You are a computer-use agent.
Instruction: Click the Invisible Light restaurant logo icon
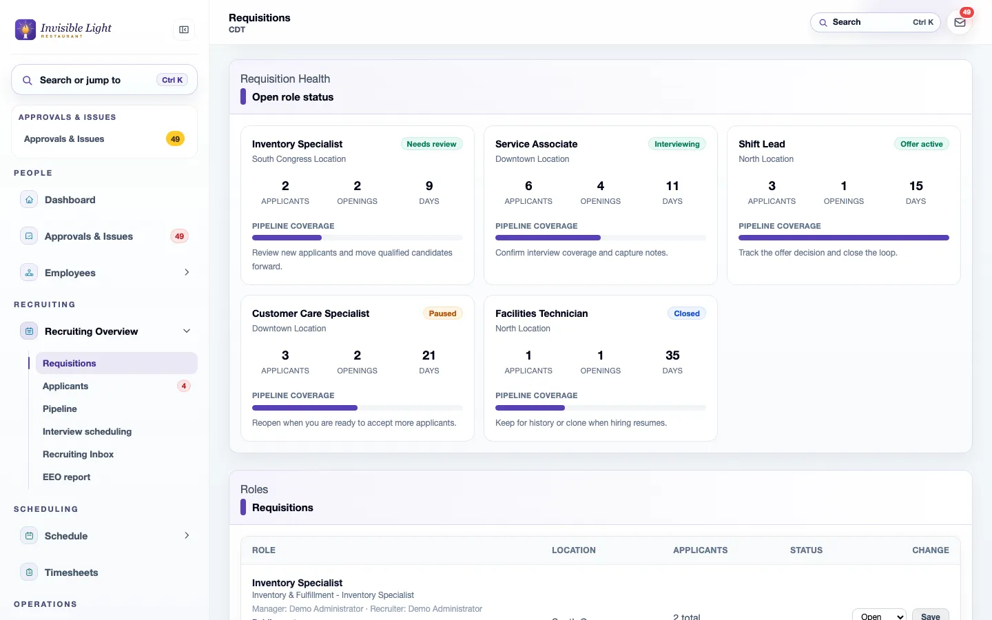point(25,30)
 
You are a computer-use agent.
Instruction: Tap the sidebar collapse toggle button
point(184,30)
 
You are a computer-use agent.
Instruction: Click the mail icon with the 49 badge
point(960,23)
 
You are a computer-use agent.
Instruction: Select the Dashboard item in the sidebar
point(70,200)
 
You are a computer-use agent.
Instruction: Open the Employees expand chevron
point(187,272)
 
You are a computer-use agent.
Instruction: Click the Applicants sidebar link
point(65,386)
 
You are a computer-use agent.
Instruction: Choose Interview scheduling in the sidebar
point(87,431)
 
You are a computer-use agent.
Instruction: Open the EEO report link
point(66,477)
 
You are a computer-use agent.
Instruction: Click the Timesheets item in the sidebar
point(71,572)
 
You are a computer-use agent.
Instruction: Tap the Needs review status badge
point(431,144)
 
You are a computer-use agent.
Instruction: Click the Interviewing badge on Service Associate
point(676,144)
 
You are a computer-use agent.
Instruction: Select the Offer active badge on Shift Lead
point(921,144)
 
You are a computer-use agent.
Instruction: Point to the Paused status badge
point(442,313)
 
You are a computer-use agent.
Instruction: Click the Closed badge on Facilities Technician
point(686,313)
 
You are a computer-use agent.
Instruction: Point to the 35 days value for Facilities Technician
point(672,355)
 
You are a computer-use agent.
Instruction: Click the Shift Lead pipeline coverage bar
point(844,238)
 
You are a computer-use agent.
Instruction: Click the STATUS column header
point(806,550)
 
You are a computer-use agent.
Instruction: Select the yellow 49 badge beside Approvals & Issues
point(175,139)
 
